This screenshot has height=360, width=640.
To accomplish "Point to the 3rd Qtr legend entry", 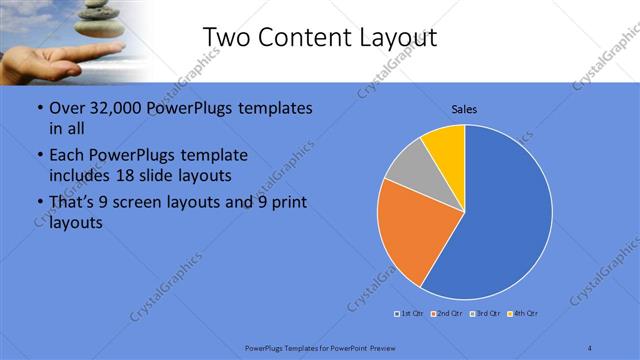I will pos(485,314).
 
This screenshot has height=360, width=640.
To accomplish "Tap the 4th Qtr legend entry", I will pos(524,314).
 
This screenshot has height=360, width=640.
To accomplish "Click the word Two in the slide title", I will pos(224,38).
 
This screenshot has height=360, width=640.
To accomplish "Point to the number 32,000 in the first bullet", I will pos(106,108).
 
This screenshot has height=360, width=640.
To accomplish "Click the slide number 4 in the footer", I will pos(590,347).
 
